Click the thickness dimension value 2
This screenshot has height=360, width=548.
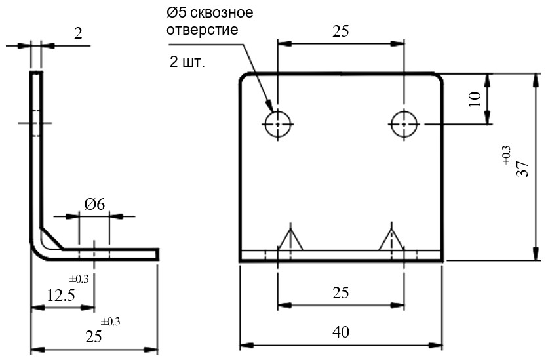pyautogui.click(x=79, y=34)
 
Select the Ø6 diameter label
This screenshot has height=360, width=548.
pyautogui.click(x=94, y=204)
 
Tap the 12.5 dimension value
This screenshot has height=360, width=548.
pyautogui.click(x=60, y=296)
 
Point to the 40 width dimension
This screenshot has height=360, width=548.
pyautogui.click(x=340, y=332)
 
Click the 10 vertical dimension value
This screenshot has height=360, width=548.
pyautogui.click(x=475, y=98)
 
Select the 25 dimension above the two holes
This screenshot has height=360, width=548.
pyautogui.click(x=340, y=31)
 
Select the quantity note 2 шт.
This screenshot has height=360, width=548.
pyautogui.click(x=187, y=63)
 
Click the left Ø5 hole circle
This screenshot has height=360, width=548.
pyautogui.click(x=278, y=123)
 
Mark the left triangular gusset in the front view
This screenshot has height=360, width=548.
pyautogui.click(x=289, y=241)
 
